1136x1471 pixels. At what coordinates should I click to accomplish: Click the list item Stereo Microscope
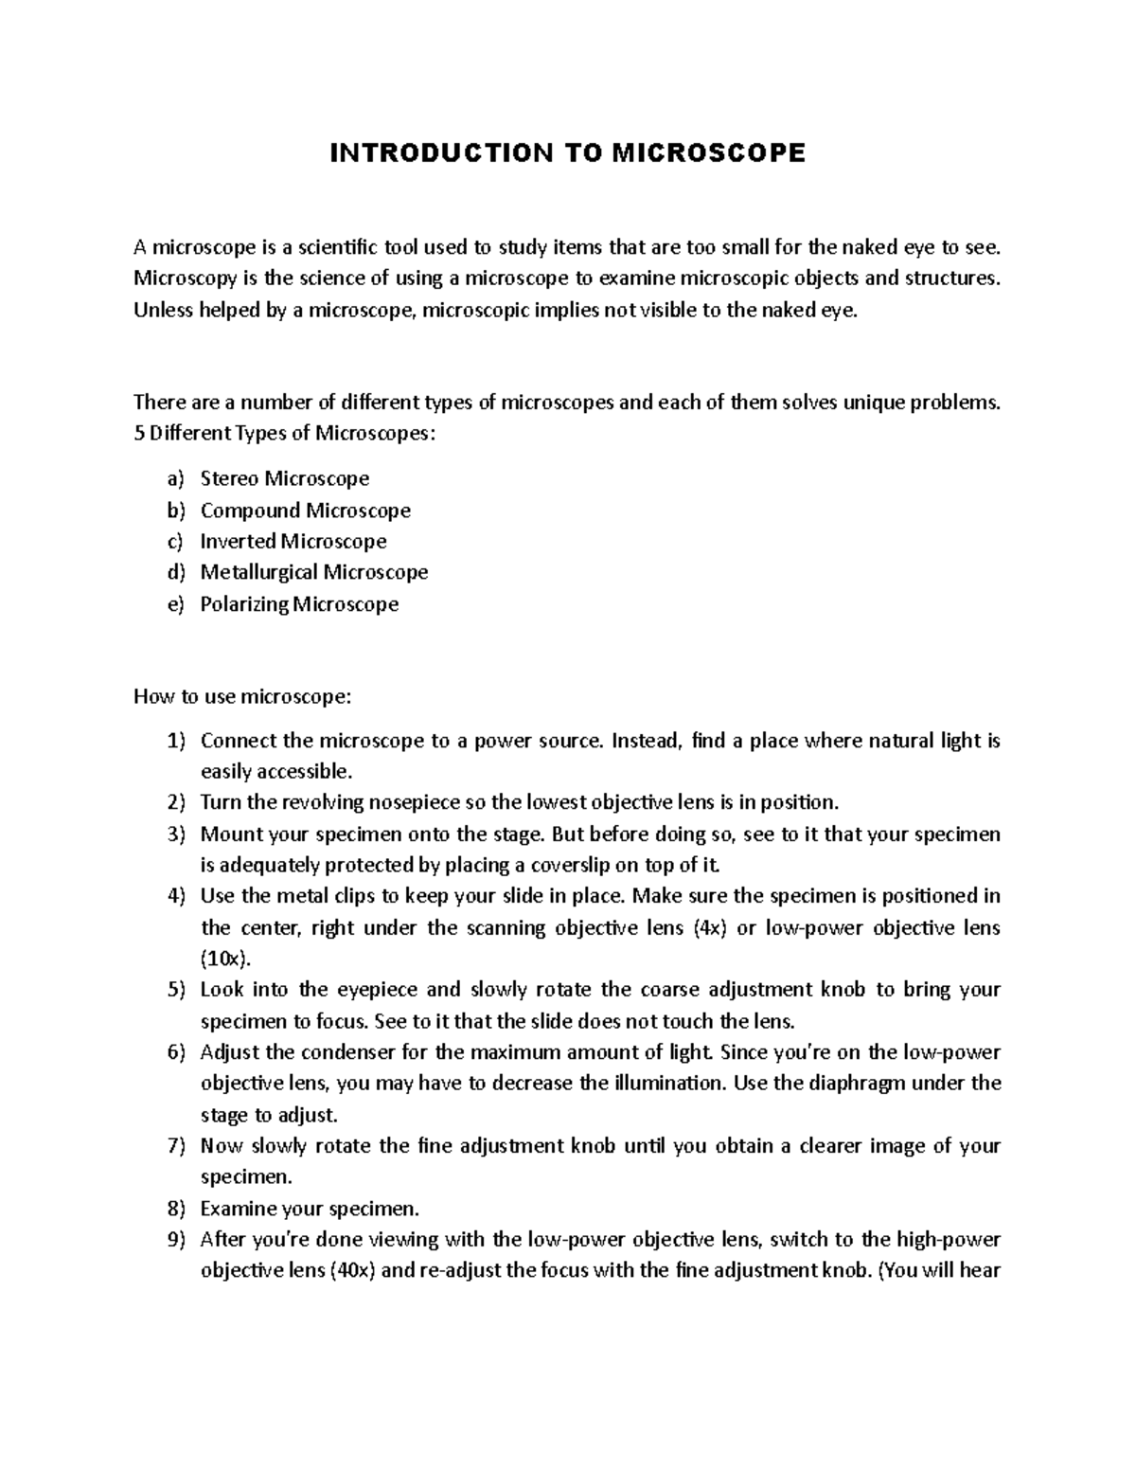coord(284,478)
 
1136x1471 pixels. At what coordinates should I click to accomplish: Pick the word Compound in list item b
coord(250,511)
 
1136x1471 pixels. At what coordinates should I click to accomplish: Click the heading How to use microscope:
coord(242,697)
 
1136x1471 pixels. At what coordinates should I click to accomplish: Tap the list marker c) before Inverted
coord(175,542)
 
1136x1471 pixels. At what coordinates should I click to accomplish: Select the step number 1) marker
coord(176,741)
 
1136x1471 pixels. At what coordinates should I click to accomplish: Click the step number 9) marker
coord(176,1240)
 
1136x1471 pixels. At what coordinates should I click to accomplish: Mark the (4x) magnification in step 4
coord(709,928)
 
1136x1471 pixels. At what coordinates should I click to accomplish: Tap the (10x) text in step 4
coord(226,959)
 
